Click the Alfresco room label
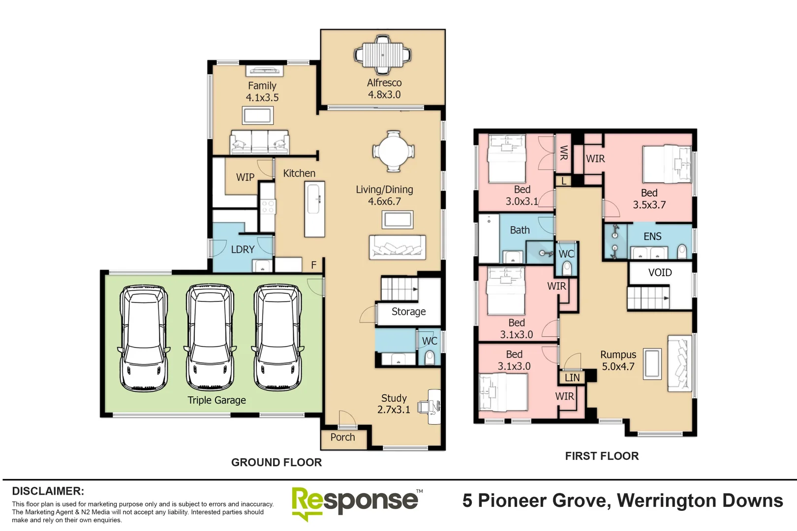(x=384, y=83)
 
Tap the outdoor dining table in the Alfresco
(x=383, y=55)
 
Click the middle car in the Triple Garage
(x=210, y=337)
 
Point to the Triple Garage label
(x=216, y=400)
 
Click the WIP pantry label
(x=245, y=177)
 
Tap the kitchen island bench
(x=314, y=209)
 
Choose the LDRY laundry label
(x=243, y=249)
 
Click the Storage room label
(x=408, y=312)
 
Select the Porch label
(x=342, y=437)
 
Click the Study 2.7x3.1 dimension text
(x=394, y=410)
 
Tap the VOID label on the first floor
(x=660, y=272)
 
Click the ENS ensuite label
(x=652, y=236)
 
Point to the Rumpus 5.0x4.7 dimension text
(x=618, y=366)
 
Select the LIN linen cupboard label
(x=572, y=378)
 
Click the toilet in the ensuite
(x=682, y=251)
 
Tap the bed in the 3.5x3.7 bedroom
(x=667, y=164)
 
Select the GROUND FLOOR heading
(x=276, y=462)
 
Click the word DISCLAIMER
(x=48, y=491)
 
